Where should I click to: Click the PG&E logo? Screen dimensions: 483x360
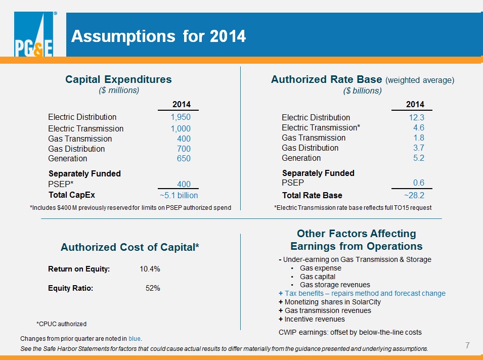33,34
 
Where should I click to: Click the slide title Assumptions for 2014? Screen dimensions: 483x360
158,36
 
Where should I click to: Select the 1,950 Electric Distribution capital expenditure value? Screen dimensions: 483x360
181,117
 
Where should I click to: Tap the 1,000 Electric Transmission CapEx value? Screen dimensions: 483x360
181,128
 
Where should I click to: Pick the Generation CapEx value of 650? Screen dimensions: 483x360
184,158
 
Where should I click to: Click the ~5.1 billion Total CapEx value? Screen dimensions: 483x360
179,195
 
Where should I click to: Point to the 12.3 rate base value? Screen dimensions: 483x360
416,117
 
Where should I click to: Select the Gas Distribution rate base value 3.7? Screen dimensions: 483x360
419,148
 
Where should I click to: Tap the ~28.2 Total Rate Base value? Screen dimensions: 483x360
414,195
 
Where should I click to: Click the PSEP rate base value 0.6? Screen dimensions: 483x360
419,183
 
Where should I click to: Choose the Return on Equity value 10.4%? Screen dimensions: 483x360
150,269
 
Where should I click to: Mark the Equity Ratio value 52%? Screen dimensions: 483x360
153,288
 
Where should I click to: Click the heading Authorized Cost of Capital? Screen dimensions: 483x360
129,247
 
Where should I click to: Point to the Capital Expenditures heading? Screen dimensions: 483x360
118,79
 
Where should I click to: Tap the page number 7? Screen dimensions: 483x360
467,345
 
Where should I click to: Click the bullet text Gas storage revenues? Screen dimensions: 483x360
335,285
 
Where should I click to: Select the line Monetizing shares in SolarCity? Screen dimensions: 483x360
330,302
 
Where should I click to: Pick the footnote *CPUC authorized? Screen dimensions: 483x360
61,324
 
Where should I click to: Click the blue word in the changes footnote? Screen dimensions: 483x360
135,338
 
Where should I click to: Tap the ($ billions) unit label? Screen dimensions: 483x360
362,91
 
